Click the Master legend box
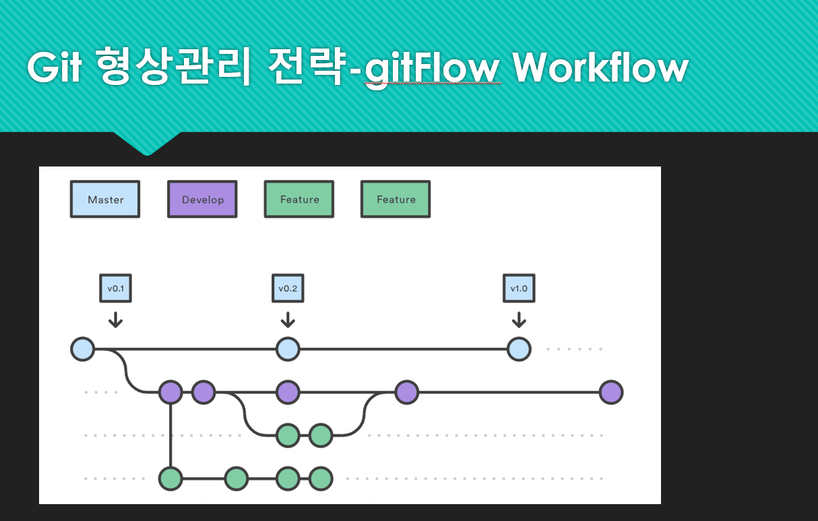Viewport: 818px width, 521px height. [x=105, y=199]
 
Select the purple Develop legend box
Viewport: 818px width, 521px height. [x=202, y=199]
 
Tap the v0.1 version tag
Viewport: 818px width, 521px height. [x=115, y=288]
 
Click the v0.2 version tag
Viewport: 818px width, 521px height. [x=288, y=288]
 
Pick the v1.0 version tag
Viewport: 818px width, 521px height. [x=519, y=288]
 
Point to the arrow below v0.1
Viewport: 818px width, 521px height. [x=115, y=319]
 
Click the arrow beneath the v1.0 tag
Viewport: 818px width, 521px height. [x=519, y=319]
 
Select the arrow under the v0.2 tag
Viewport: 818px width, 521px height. [x=288, y=319]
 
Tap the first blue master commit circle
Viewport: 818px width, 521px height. [x=82, y=349]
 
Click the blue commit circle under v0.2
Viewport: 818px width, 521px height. [x=288, y=349]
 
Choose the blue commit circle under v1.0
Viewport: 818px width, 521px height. [x=519, y=349]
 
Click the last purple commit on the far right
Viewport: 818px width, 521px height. [x=611, y=392]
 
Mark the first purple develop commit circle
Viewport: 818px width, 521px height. [x=170, y=392]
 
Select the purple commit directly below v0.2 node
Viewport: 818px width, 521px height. [x=288, y=392]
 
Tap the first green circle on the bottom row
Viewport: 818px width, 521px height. [x=170, y=479]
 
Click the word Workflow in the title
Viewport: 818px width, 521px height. [x=600, y=67]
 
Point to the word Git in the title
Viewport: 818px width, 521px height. [x=55, y=67]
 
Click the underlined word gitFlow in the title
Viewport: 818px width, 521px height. [x=433, y=69]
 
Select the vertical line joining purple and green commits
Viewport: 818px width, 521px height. [x=170, y=435]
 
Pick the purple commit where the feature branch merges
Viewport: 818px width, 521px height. [x=406, y=392]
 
